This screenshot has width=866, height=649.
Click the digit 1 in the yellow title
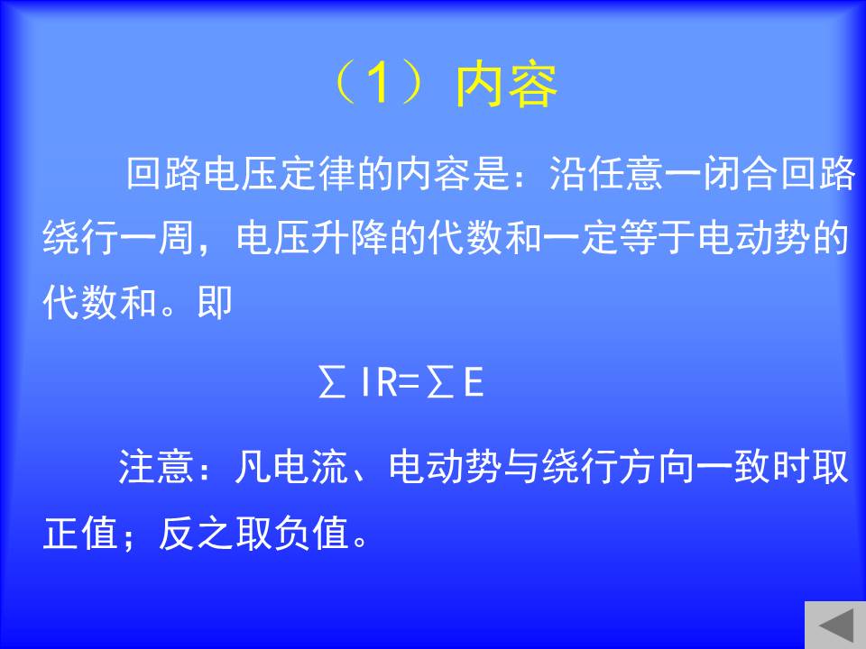[379, 83]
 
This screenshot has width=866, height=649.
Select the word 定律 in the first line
[318, 173]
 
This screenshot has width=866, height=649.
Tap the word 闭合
[741, 173]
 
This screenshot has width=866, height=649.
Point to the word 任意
[626, 173]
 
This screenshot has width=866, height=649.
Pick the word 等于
[659, 238]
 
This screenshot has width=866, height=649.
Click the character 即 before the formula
[215, 302]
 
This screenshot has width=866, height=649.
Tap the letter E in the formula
[474, 382]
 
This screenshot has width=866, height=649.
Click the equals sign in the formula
[410, 382]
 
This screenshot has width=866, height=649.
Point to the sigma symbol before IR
[331, 381]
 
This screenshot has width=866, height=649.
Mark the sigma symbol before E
[440, 381]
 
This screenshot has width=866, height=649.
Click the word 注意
[155, 467]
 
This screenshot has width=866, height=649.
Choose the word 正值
[80, 533]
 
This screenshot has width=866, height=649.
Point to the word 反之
[196, 533]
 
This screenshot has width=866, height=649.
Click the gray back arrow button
[835, 625]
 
